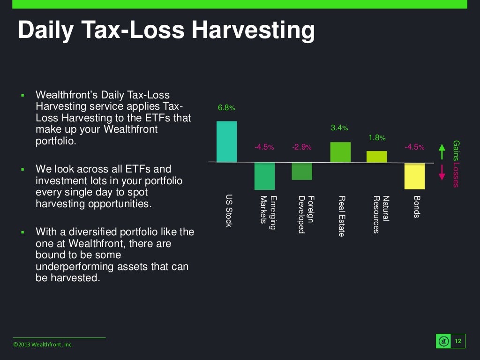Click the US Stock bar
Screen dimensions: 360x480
pyautogui.click(x=226, y=142)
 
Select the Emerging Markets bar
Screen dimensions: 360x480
pyautogui.click(x=264, y=176)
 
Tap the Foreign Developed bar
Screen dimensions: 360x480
pyautogui.click(x=302, y=171)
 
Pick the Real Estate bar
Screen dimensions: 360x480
pyautogui.click(x=340, y=152)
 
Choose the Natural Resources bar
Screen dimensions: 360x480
pyautogui.click(x=376, y=157)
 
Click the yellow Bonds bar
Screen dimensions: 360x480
pyautogui.click(x=414, y=176)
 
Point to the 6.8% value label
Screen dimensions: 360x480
pyautogui.click(x=226, y=108)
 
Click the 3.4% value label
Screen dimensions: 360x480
pyautogui.click(x=339, y=127)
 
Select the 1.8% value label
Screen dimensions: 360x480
pyautogui.click(x=377, y=138)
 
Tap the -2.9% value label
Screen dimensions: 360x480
pyautogui.click(x=301, y=147)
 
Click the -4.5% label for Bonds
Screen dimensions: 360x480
pyautogui.click(x=414, y=147)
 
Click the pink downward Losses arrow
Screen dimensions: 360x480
pyautogui.click(x=441, y=173)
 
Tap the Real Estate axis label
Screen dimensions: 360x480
pyautogui.click(x=341, y=216)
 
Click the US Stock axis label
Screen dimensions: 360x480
pyautogui.click(x=229, y=211)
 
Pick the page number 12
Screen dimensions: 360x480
pyautogui.click(x=458, y=341)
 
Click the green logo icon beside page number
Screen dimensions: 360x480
pyautogui.click(x=443, y=341)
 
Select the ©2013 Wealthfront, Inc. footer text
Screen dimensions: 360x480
pyautogui.click(x=43, y=345)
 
